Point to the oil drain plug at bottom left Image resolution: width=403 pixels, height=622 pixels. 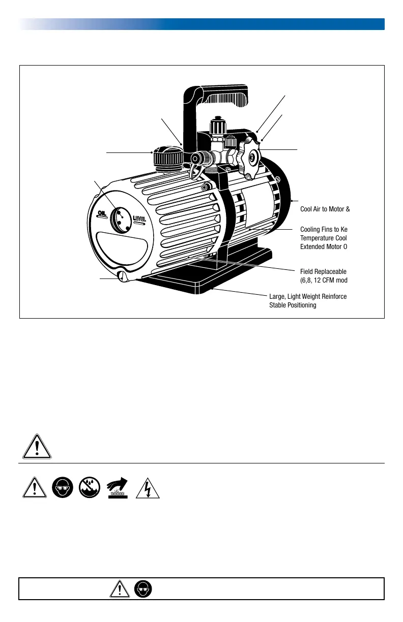pyautogui.click(x=123, y=277)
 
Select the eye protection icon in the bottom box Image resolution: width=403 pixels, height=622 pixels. pyautogui.click(x=143, y=589)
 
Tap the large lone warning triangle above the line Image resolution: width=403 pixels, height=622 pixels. pyautogui.click(x=37, y=447)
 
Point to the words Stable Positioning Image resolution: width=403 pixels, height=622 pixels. pyautogui.click(x=294, y=306)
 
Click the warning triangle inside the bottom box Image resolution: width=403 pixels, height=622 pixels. pyautogui.click(x=119, y=589)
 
